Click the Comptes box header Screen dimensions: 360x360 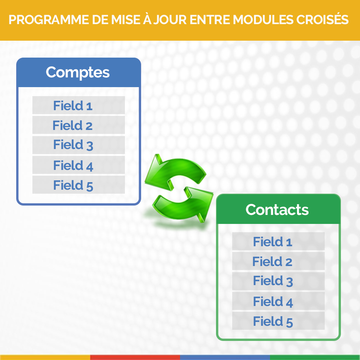tap(78, 73)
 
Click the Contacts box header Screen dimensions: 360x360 tap(278, 209)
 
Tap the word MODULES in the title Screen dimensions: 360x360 tap(263, 20)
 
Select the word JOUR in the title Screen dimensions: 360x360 tap(170, 20)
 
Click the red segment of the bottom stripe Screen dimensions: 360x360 tap(135, 357)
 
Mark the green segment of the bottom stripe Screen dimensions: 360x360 tap(315, 357)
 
